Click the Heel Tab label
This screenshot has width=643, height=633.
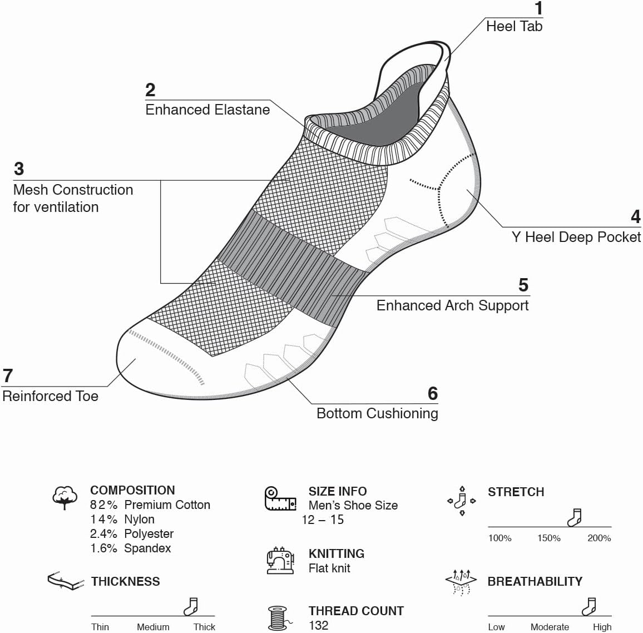click(513, 26)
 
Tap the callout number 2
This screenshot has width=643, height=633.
click(150, 90)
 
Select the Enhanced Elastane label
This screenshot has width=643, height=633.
click(207, 110)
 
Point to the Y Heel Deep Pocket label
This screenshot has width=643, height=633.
click(576, 237)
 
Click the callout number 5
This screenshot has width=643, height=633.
click(523, 285)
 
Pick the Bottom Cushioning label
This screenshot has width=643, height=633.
click(377, 413)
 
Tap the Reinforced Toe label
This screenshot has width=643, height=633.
click(50, 396)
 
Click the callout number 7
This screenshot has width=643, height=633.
click(8, 376)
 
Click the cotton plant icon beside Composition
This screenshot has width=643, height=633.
click(65, 497)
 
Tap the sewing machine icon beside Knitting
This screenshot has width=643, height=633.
click(280, 560)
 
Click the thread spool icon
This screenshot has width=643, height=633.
click(278, 618)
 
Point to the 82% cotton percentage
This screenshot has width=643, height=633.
click(104, 505)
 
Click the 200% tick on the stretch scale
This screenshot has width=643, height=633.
click(599, 538)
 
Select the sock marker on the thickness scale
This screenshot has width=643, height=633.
click(191, 607)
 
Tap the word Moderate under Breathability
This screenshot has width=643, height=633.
click(550, 627)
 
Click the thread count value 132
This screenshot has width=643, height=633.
click(318, 625)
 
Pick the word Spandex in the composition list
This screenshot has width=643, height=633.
click(147, 548)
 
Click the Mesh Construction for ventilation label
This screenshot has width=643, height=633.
click(72, 198)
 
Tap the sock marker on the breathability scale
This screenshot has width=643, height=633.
click(589, 607)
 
